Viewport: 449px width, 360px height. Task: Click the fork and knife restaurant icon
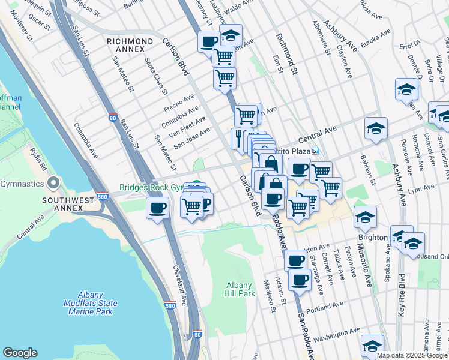coord(239,137)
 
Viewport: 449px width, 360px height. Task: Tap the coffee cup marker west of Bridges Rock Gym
coord(158,208)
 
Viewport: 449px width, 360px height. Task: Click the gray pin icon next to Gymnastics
coord(54,182)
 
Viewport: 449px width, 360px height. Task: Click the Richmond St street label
coord(287,54)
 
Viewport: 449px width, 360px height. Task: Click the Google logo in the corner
coord(20,353)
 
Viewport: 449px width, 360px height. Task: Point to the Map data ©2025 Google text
coord(412,355)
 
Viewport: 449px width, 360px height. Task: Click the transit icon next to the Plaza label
coord(315,151)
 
